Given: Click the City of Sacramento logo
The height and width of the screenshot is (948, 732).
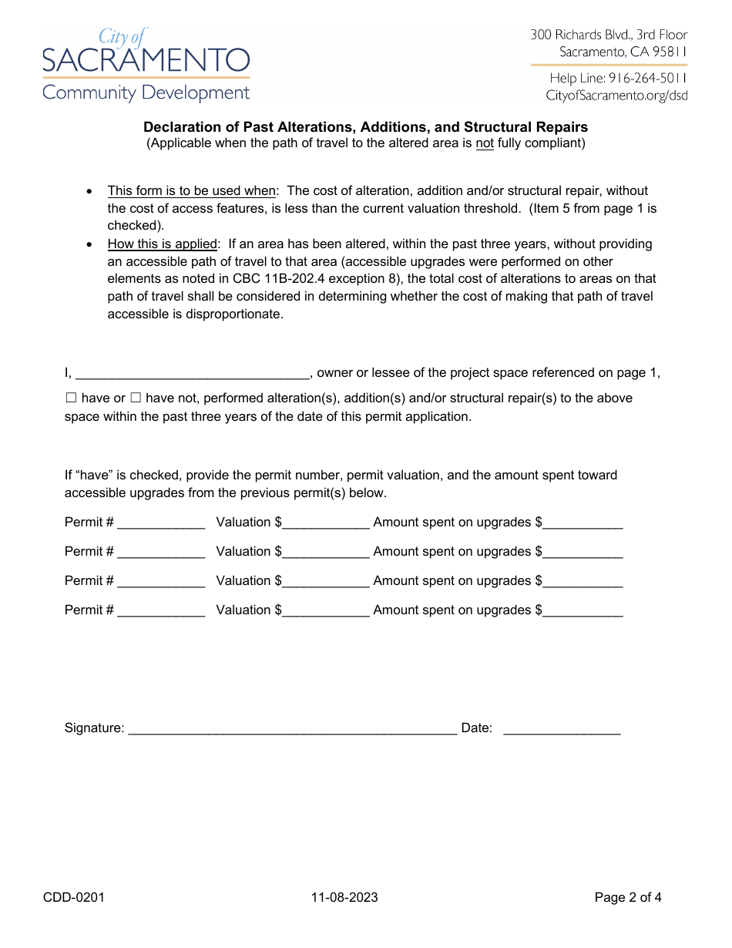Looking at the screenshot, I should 146,65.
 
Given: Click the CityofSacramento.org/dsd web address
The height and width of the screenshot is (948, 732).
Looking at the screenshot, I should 616,96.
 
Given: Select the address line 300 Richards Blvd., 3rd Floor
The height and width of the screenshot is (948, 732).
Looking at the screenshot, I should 609,35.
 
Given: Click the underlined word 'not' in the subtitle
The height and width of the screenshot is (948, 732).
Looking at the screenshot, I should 485,143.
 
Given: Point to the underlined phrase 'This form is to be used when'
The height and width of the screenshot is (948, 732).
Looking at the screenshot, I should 191,190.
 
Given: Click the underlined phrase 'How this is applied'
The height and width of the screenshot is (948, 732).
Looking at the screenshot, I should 163,244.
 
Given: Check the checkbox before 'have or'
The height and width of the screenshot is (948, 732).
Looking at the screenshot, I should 71,398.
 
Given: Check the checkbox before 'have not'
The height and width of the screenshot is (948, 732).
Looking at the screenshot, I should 136,398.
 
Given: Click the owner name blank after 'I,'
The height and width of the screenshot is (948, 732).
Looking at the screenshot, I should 193,374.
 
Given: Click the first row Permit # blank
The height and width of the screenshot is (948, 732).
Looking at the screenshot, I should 161,523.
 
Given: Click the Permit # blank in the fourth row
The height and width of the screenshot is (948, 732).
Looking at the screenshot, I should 161,611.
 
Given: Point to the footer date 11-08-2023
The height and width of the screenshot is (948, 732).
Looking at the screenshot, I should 344,897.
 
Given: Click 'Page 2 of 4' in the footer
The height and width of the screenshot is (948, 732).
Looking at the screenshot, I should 628,897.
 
